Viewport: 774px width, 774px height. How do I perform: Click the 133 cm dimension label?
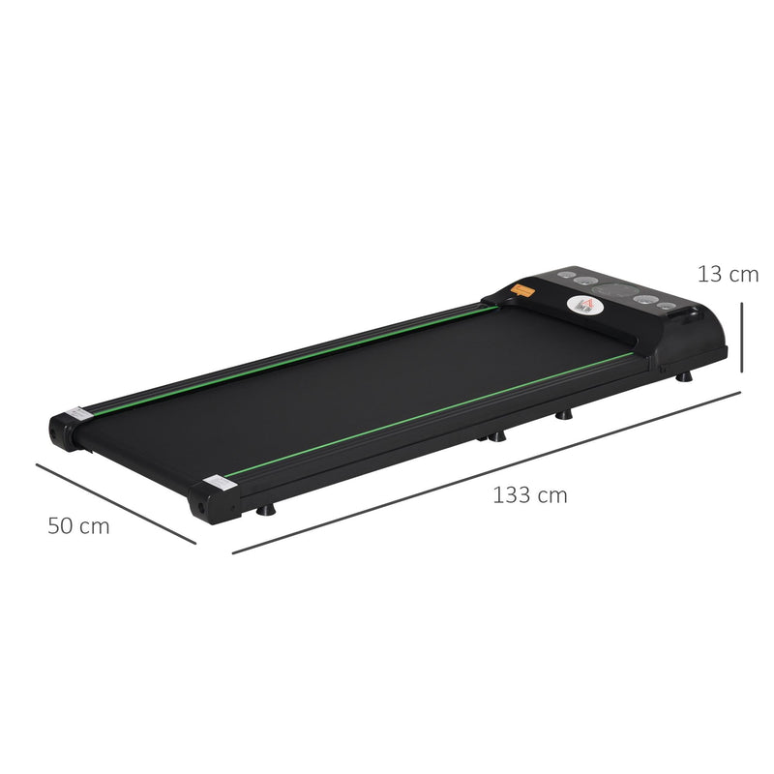[x=529, y=495]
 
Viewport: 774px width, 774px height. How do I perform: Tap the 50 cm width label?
[x=78, y=526]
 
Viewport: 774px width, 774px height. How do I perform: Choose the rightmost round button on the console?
[x=667, y=307]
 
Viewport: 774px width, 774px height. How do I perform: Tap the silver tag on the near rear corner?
[x=214, y=482]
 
